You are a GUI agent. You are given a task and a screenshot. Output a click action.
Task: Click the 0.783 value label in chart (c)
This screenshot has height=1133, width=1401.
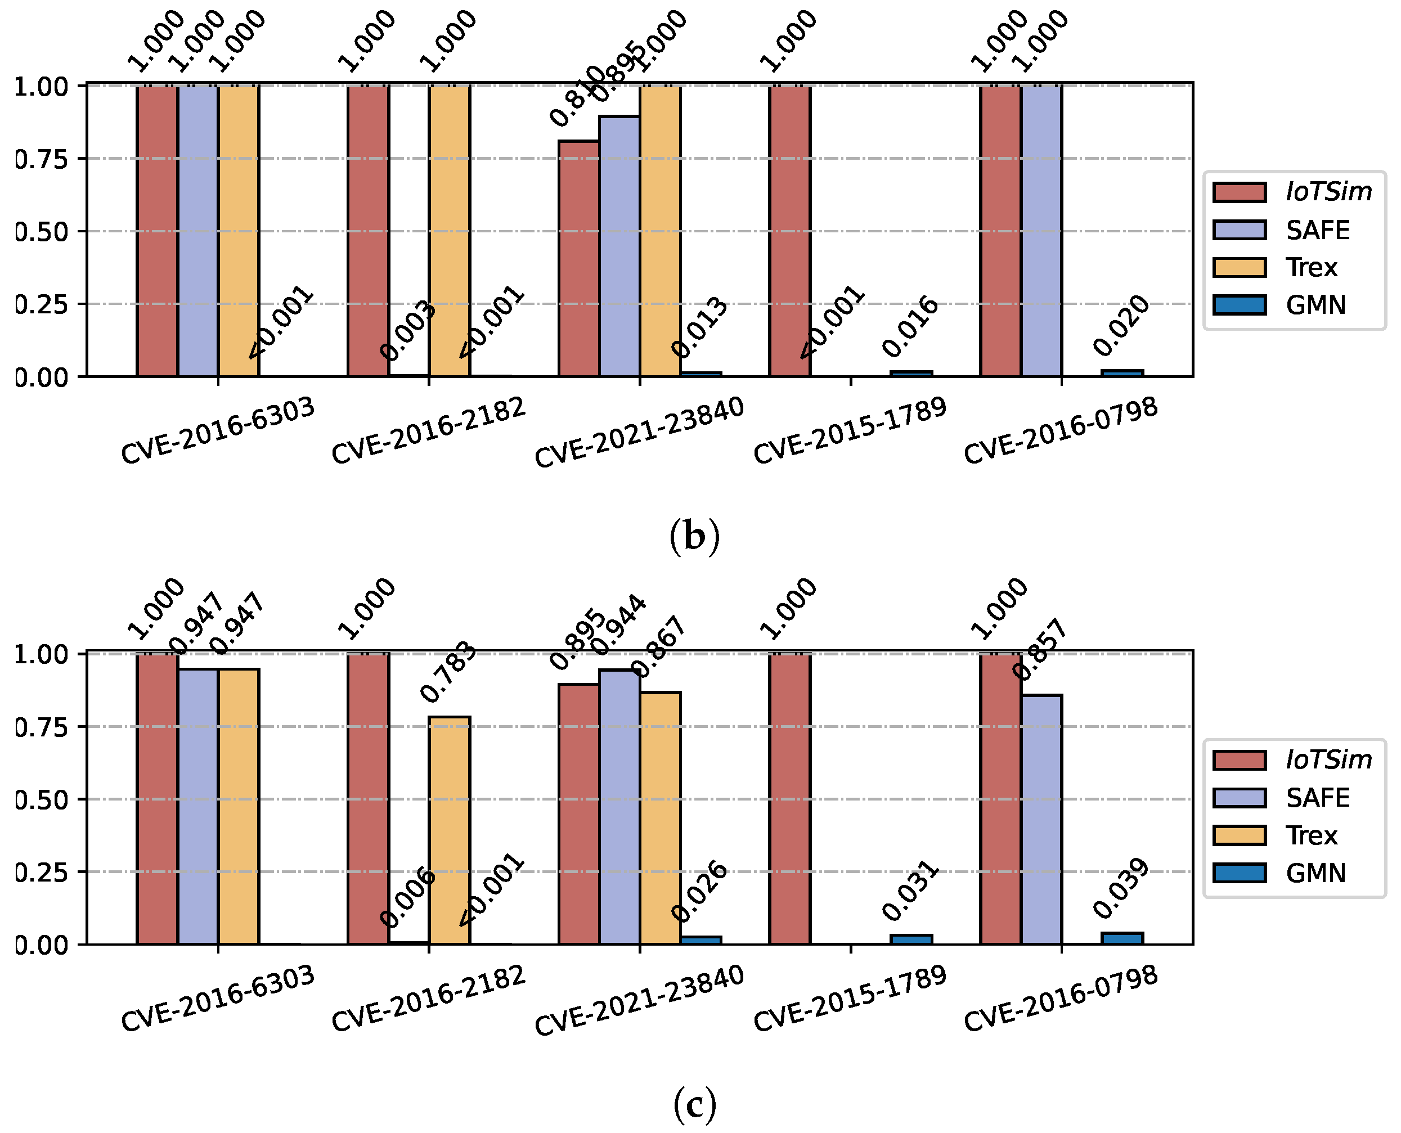pyautogui.click(x=448, y=672)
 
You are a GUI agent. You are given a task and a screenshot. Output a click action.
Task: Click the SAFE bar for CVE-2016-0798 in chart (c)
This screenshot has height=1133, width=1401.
pyautogui.click(x=1041, y=819)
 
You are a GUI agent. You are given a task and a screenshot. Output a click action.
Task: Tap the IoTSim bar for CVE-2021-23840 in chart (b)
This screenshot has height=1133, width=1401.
pyautogui.click(x=578, y=258)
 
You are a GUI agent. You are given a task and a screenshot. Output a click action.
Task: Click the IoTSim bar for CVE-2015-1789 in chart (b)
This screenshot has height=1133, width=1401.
pyautogui.click(x=789, y=231)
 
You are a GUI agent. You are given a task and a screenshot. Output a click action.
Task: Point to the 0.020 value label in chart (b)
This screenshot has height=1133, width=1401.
pyautogui.click(x=1121, y=326)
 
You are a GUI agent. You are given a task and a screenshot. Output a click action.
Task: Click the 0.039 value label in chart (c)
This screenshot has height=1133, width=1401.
pyautogui.click(x=1121, y=888)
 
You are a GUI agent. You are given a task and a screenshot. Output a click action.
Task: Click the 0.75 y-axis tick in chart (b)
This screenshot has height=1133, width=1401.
pyautogui.click(x=41, y=159)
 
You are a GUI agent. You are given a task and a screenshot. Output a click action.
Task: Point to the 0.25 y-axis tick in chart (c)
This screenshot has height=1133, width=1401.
pyautogui.click(x=41, y=872)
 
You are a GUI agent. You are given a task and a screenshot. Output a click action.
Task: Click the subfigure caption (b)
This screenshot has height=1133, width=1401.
pyautogui.click(x=695, y=537)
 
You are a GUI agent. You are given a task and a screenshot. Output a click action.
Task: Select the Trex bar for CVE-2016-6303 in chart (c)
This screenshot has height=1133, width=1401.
pyautogui.click(x=239, y=806)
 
